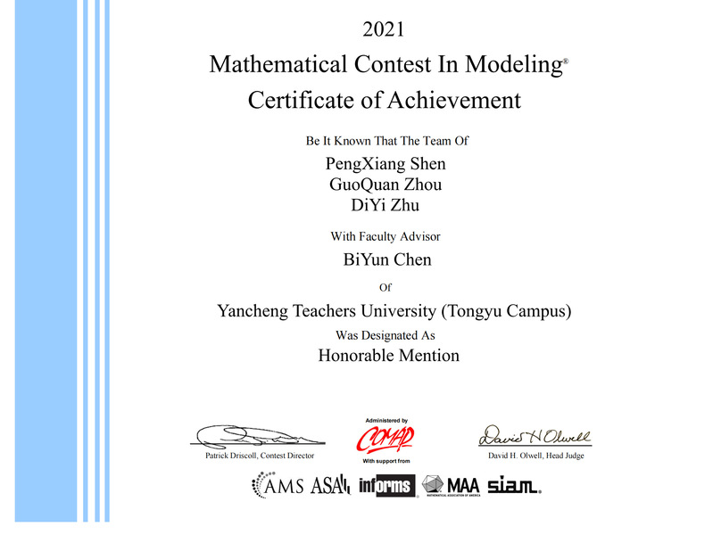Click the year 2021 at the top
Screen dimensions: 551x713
(x=385, y=29)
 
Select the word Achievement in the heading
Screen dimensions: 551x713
(x=453, y=100)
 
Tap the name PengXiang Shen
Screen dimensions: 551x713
(x=386, y=163)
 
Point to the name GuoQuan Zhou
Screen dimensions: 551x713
(x=386, y=185)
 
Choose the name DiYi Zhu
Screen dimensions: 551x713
(x=386, y=206)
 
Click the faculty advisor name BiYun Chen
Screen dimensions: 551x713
(x=387, y=259)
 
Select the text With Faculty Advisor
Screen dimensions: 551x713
(x=386, y=236)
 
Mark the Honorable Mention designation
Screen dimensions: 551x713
(x=388, y=355)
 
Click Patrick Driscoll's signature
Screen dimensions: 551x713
(x=253, y=437)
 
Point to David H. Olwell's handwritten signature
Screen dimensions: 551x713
(x=535, y=436)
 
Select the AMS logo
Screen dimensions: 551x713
(x=278, y=485)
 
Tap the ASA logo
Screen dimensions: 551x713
(x=330, y=486)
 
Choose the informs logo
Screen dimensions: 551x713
(x=387, y=486)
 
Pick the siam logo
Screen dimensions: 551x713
(x=513, y=485)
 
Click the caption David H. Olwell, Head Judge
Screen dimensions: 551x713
(x=536, y=456)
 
